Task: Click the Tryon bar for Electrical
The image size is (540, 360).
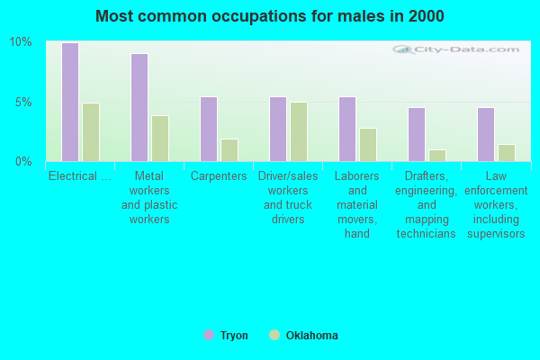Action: pyautogui.click(x=70, y=102)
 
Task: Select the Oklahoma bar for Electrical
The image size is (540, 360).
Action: pyautogui.click(x=91, y=131)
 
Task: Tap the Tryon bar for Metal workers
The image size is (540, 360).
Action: pyautogui.click(x=139, y=107)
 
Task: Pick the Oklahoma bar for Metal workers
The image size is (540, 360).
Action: pyautogui.click(x=160, y=138)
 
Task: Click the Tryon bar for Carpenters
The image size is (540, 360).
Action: pyautogui.click(x=209, y=129)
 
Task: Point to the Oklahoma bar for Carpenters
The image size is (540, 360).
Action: pyautogui.click(x=229, y=149)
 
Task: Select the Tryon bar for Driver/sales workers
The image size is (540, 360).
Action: pyautogui.click(x=278, y=129)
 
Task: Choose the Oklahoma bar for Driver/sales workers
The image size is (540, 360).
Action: pyautogui.click(x=299, y=131)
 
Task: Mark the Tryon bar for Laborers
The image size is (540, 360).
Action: pyautogui.click(x=347, y=129)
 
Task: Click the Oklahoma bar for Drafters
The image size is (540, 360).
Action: pyautogui.click(x=437, y=155)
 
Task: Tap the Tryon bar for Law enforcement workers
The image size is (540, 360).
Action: pyautogui.click(x=486, y=134)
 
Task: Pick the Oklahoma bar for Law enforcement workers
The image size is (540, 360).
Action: pyautogui.click(x=507, y=152)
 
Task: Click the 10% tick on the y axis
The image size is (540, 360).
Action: pyautogui.click(x=21, y=42)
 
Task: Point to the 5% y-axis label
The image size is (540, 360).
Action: pyautogui.click(x=23, y=102)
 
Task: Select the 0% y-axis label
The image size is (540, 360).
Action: pyautogui.click(x=23, y=161)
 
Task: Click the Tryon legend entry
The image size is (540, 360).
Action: pyautogui.click(x=226, y=336)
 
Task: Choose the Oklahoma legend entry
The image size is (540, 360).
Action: pyautogui.click(x=303, y=336)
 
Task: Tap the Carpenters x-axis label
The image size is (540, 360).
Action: pyautogui.click(x=219, y=176)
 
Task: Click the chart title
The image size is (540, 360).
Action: pyautogui.click(x=270, y=16)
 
